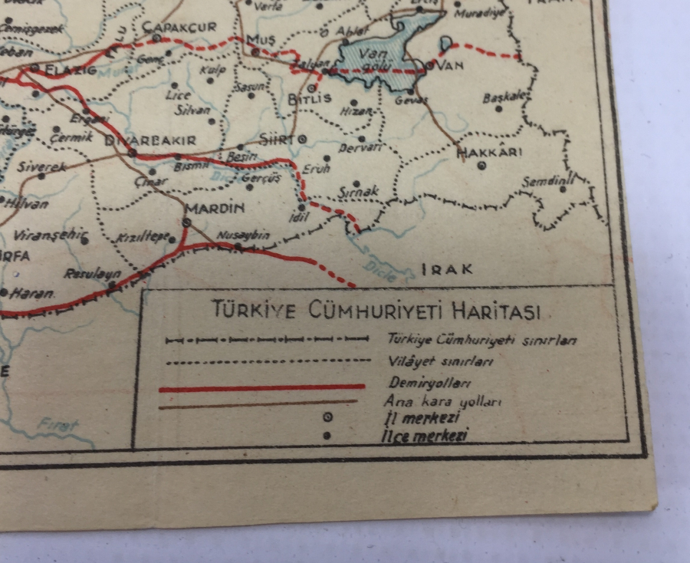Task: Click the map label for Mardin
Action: tap(215, 208)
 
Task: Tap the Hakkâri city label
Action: tap(489, 152)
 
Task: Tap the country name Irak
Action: tap(447, 269)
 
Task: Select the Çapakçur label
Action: tap(179, 27)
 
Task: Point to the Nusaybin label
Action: tap(243, 235)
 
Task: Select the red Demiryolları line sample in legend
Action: tap(261, 388)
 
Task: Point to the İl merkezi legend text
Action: tap(421, 418)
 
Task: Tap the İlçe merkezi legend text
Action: tap(425, 436)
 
